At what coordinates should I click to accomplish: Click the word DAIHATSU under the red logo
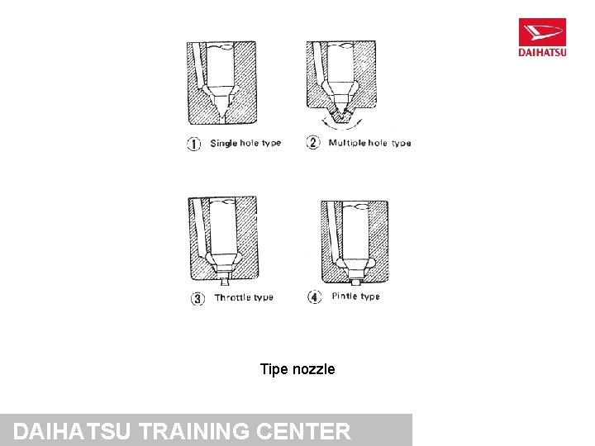click(542, 52)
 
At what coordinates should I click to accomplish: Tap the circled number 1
click(194, 144)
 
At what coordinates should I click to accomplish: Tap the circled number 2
click(313, 143)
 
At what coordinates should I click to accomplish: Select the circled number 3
click(198, 298)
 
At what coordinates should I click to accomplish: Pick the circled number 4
click(315, 297)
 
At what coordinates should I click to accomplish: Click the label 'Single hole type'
click(246, 144)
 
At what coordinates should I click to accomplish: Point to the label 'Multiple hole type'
click(370, 143)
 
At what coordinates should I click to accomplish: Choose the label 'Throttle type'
click(244, 297)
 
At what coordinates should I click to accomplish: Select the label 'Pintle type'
click(356, 297)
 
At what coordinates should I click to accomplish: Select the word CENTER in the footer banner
click(303, 431)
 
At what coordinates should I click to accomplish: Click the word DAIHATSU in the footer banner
click(72, 431)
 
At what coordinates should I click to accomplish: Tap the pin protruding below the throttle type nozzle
click(224, 282)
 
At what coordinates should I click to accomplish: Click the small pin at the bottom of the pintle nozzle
click(355, 282)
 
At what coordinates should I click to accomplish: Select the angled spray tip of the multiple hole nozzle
click(341, 115)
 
